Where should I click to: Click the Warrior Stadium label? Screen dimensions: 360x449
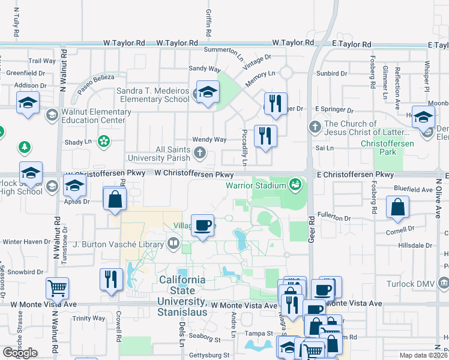coord(256,185)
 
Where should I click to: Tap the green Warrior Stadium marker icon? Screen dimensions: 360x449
coord(295,184)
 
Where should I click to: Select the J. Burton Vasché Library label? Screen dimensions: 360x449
coord(118,244)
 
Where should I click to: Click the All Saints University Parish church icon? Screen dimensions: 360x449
coord(200,153)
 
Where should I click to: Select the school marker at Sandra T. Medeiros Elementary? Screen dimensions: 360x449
coord(208,92)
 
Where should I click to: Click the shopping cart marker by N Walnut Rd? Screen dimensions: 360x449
coord(57,288)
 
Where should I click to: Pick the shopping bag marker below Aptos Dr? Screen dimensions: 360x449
coord(115,199)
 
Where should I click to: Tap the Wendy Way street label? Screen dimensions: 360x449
coord(209,139)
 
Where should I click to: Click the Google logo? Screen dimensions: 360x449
coord(20,353)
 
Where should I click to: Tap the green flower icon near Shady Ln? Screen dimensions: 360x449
coord(103,142)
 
